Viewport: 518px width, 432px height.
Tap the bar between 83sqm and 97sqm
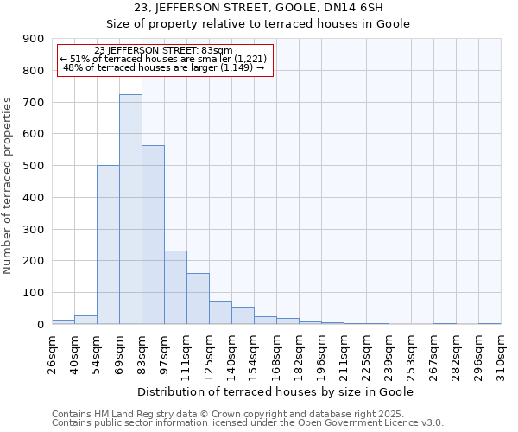click(x=153, y=234)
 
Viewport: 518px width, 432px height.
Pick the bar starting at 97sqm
click(x=175, y=287)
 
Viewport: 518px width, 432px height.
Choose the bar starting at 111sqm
click(x=198, y=298)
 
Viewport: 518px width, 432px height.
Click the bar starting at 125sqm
click(x=220, y=312)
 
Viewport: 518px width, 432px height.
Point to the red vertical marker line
click(x=142, y=199)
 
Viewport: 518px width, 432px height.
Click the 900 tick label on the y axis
click(x=34, y=39)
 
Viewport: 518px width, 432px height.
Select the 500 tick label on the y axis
click(x=34, y=166)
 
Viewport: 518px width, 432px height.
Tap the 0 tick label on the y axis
click(x=40, y=324)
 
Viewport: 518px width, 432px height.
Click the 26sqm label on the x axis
click(x=52, y=353)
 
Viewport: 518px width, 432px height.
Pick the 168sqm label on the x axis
click(x=276, y=353)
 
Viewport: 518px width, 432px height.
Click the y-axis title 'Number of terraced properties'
click(x=9, y=185)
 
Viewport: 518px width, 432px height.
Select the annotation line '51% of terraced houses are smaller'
click(x=165, y=59)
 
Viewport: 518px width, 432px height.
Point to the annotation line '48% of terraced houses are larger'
click(x=165, y=67)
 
